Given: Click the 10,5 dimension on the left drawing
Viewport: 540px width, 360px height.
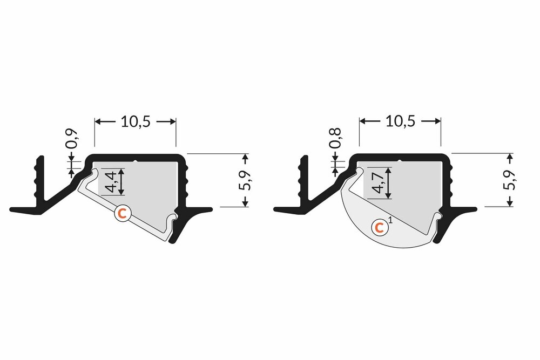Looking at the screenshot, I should coord(135,122).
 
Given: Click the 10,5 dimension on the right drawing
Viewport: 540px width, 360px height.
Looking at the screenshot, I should coord(400,122).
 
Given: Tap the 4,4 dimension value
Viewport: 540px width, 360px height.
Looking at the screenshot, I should coord(111,181).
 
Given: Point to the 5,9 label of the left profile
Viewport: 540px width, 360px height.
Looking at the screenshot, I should coord(248,180).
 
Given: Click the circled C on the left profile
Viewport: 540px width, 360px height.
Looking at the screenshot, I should coord(123,214).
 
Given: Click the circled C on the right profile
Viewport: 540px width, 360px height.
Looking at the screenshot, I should coord(381,228).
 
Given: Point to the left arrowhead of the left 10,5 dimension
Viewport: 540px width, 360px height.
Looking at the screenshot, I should coord(98,123).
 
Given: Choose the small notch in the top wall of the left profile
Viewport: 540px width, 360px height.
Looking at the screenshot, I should coord(134,160).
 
